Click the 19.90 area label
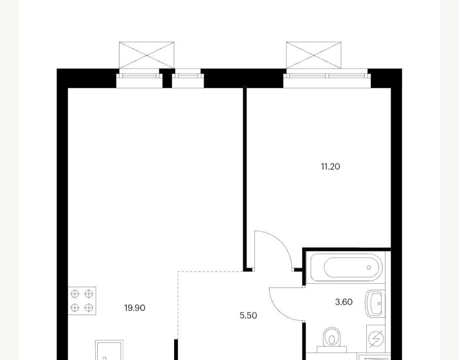click(135, 308)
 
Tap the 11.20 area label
click(331, 167)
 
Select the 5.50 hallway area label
click(248, 316)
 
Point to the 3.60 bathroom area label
click(344, 302)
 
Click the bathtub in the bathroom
click(345, 268)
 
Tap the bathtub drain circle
click(369, 267)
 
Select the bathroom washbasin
click(374, 304)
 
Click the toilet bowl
click(331, 339)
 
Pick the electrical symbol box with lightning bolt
click(376, 339)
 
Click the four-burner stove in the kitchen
click(82, 301)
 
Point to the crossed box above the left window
click(147, 55)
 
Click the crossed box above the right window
click(313, 55)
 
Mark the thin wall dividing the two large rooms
click(245, 179)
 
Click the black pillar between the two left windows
click(167, 78)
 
